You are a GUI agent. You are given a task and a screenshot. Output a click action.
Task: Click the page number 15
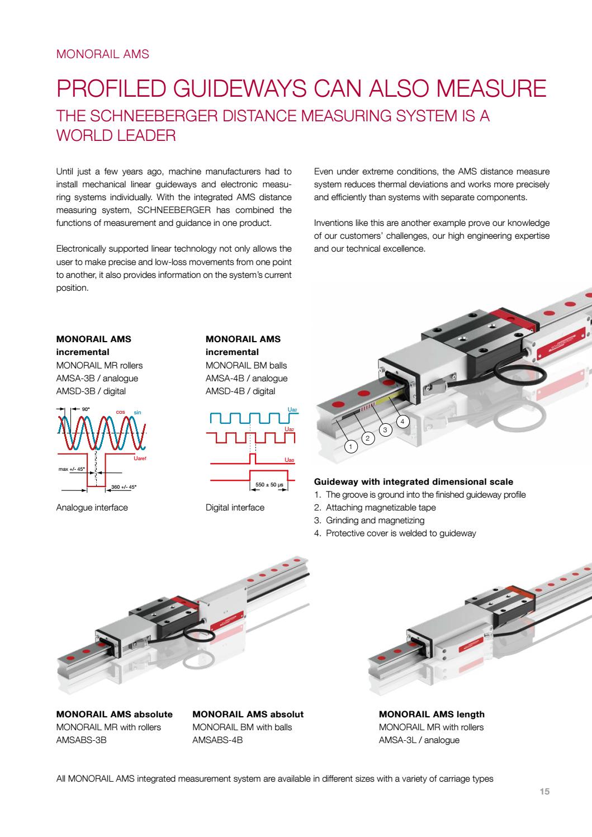pos(544,792)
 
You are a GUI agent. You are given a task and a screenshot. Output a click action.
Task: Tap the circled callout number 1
pos(351,446)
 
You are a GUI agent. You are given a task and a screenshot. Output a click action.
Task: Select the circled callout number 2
pos(367,438)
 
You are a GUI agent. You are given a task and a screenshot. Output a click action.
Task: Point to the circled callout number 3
pos(385,429)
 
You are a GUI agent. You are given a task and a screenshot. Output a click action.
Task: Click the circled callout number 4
pos(402,420)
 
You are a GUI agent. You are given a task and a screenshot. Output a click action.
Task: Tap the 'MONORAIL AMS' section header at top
pos(103,54)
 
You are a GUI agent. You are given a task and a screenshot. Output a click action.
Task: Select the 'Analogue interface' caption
pos(92,508)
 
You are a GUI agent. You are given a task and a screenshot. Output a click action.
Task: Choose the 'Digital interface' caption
pos(235,508)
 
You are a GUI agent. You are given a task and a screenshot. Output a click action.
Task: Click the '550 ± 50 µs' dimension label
pos(268,485)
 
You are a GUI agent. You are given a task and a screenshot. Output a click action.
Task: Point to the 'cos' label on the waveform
pos(120,412)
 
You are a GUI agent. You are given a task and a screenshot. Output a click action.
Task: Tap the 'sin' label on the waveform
pos(138,412)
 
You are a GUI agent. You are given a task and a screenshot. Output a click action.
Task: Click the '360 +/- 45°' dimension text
pos(124,486)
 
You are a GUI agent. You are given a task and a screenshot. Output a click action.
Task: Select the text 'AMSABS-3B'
pos(82,740)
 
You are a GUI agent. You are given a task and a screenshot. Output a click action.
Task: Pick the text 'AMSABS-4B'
pos(217,740)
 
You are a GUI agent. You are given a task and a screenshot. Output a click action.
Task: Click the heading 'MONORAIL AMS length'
pos(432,714)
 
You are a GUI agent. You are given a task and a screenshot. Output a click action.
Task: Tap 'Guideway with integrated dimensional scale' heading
pos(414,481)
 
